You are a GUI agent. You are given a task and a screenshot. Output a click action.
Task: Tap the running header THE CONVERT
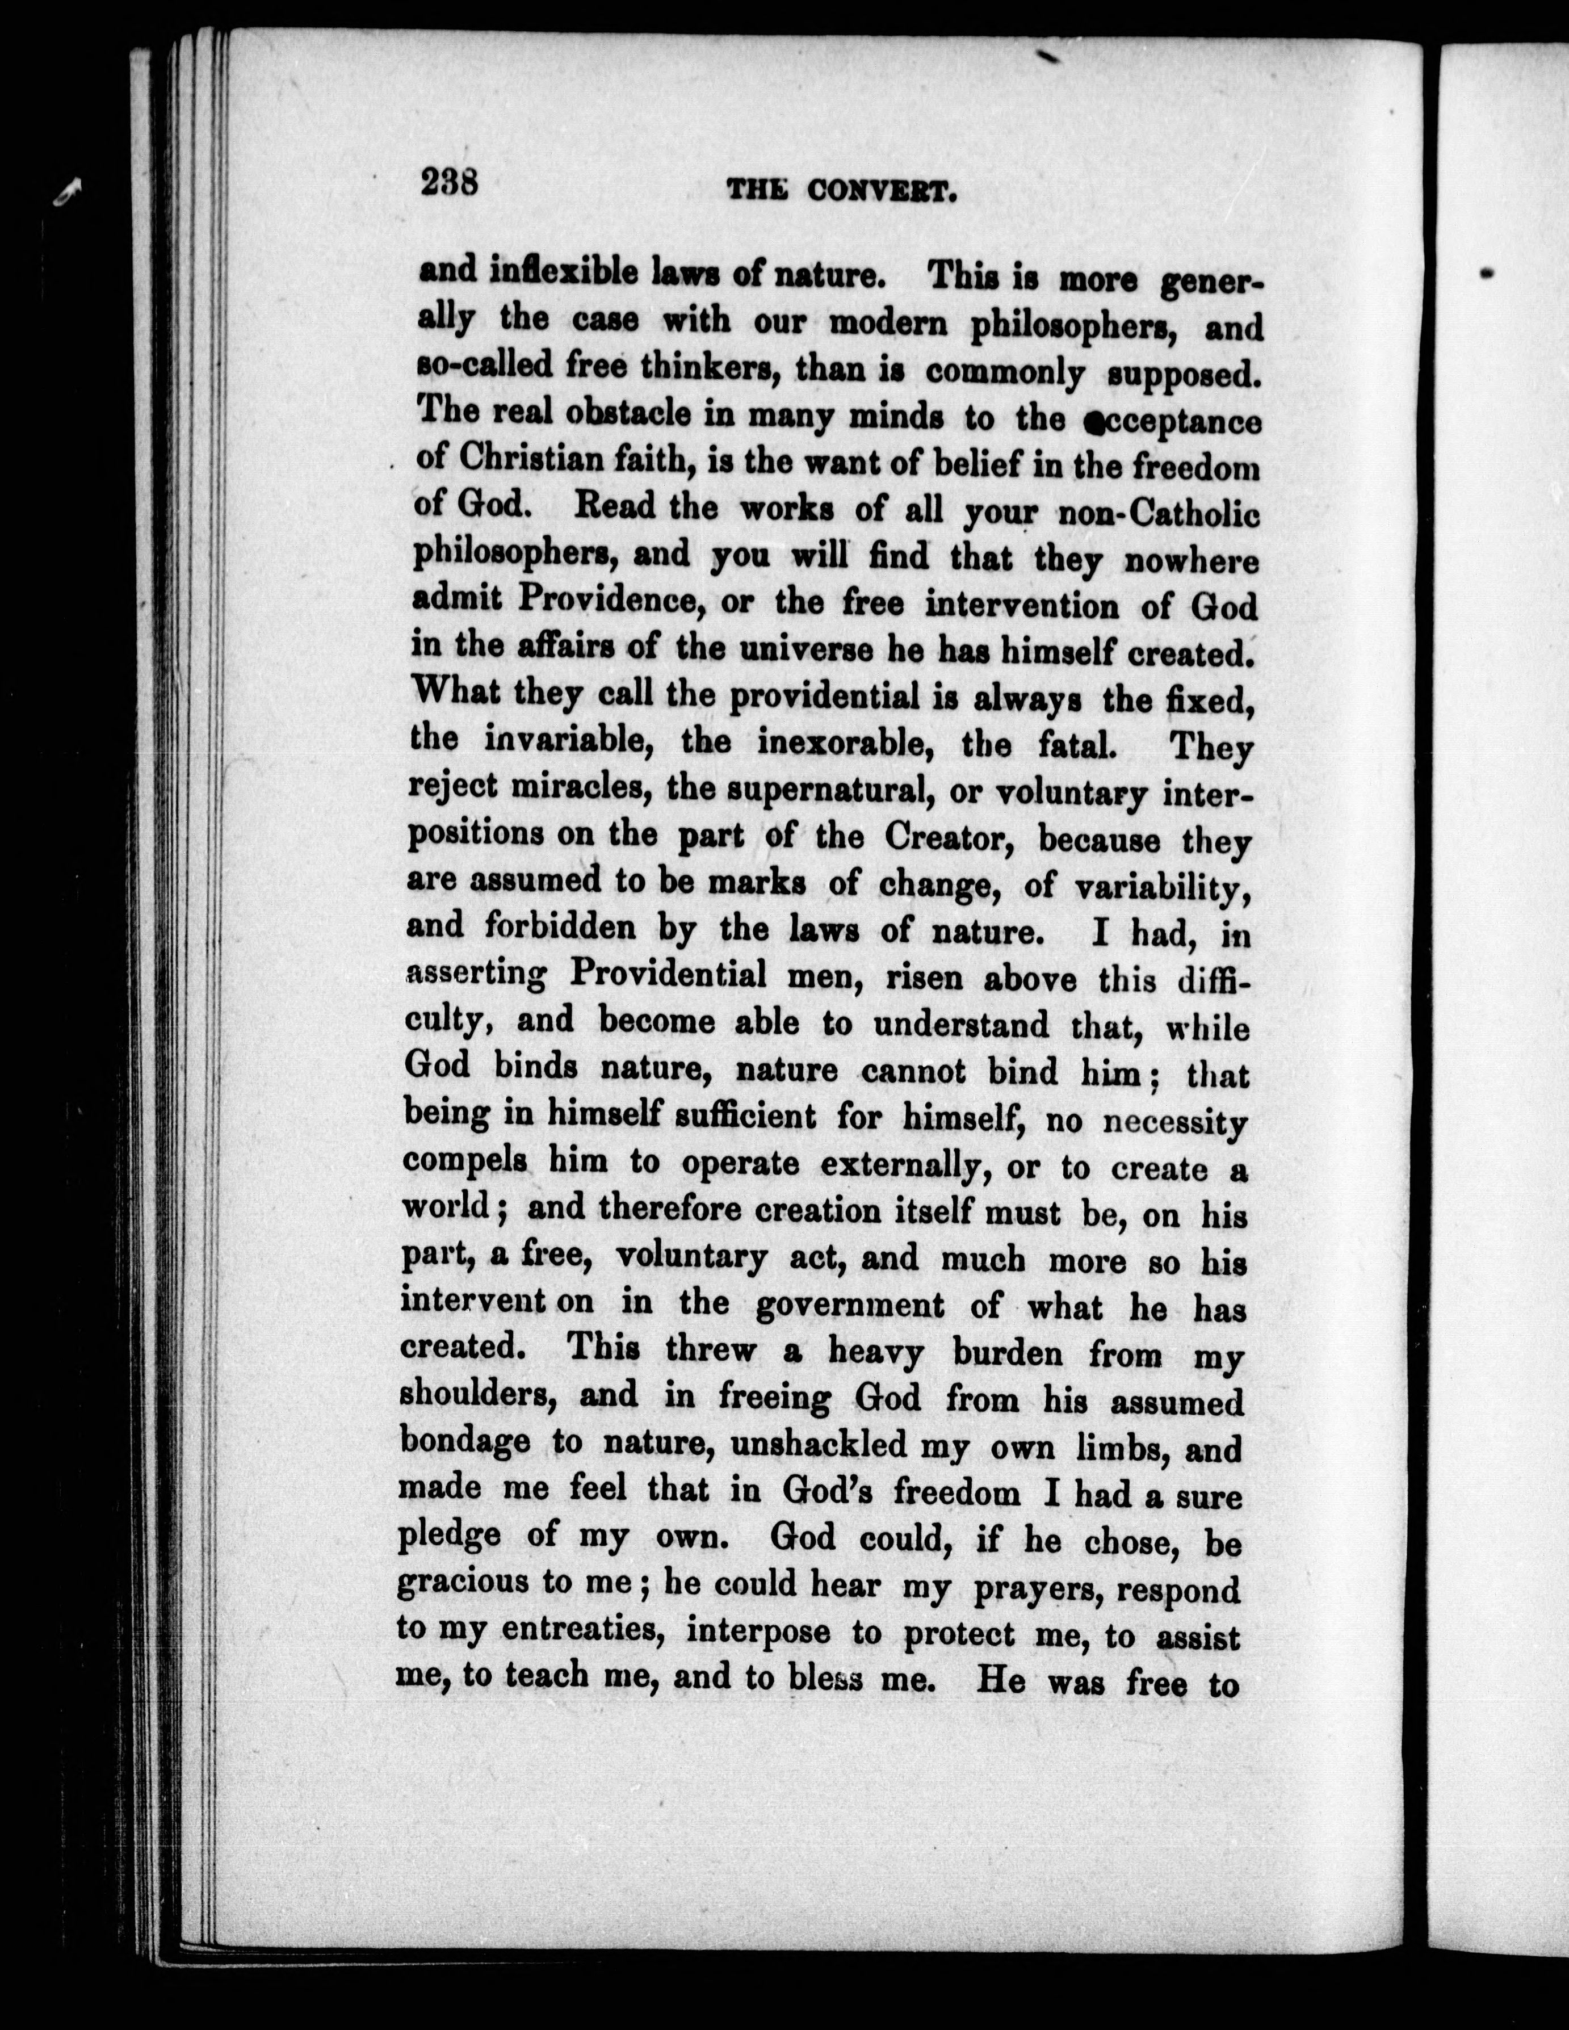[x=841, y=191]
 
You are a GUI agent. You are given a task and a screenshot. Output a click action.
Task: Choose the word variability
[x=1162, y=888]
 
